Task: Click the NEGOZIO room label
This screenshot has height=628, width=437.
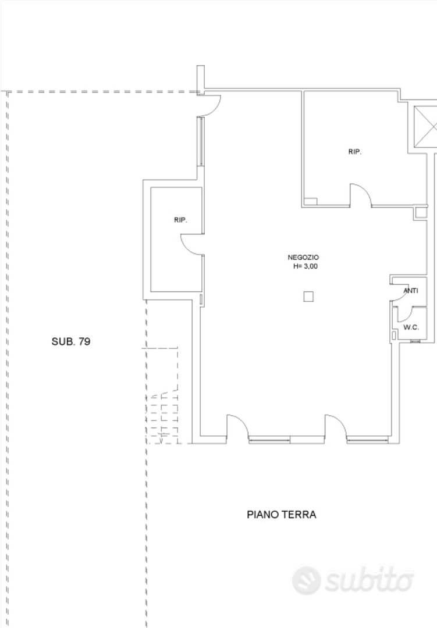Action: tap(303, 258)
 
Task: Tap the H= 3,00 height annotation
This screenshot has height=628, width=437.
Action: tap(305, 266)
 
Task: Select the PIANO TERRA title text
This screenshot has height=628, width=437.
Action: tap(282, 515)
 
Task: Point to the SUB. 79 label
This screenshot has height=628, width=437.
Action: tap(71, 342)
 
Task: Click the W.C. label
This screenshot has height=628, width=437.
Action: tap(411, 327)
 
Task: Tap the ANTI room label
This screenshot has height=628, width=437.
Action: tap(411, 291)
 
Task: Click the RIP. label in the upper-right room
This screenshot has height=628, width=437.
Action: tap(355, 152)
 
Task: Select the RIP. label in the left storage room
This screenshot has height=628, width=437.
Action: tap(180, 220)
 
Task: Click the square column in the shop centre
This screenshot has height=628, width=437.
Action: tap(308, 297)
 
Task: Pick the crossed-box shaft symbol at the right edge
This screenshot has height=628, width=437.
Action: tap(425, 127)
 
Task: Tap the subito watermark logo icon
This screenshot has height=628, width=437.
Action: tap(307, 580)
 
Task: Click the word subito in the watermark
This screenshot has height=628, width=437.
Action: tap(369, 580)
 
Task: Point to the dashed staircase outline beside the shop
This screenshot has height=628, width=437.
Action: tap(162, 396)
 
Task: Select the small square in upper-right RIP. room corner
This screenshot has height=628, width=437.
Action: tap(310, 202)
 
